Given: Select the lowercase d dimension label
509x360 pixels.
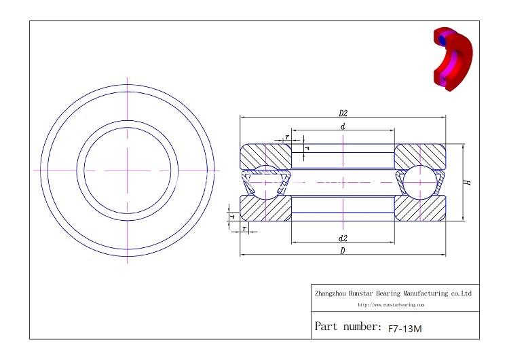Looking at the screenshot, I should click(343, 126).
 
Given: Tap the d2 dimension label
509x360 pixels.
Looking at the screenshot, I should click(343, 238).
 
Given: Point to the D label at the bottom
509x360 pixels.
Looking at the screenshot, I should click(343, 251).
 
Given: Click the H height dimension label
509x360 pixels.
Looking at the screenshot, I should click(468, 182).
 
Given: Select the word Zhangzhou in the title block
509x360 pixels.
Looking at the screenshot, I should click(331, 294).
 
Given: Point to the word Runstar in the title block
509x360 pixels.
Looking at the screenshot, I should click(361, 294).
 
